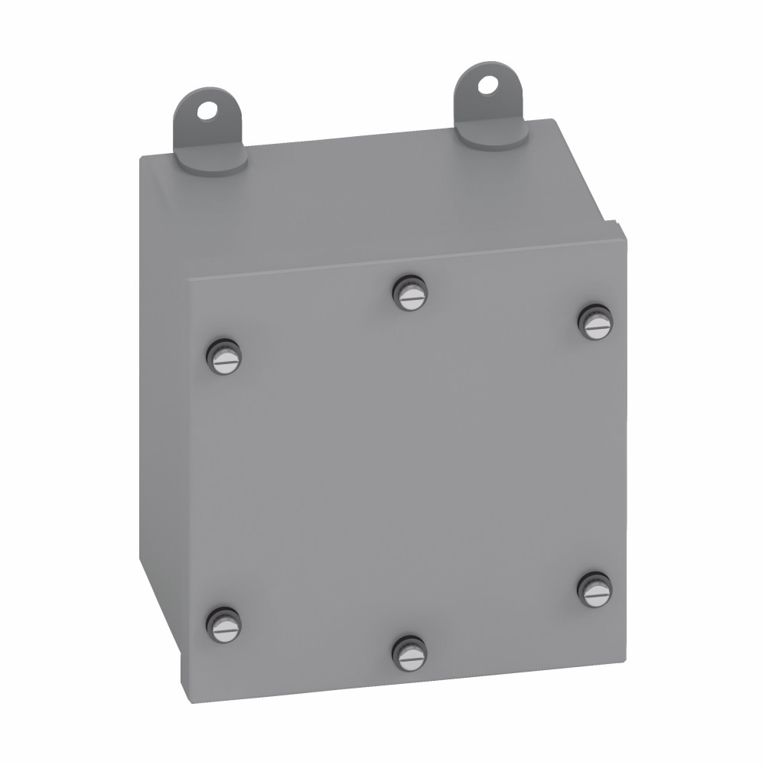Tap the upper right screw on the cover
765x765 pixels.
pos(595,322)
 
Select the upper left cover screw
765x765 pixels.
pos(223,356)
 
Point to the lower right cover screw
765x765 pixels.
pos(595,590)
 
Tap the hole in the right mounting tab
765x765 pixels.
pos(485,84)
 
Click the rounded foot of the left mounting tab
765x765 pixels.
pos(218,164)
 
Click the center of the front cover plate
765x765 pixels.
pos(405,467)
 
